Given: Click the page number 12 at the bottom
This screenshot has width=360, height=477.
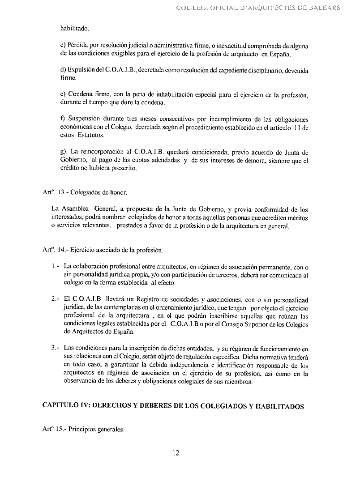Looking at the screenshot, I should pos(176,452).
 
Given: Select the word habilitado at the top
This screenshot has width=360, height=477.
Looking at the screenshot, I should pos(75,29).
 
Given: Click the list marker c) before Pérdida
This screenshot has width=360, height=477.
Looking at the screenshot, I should pos(62,46).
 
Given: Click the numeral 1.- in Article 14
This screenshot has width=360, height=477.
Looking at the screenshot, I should pos(56,267).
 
